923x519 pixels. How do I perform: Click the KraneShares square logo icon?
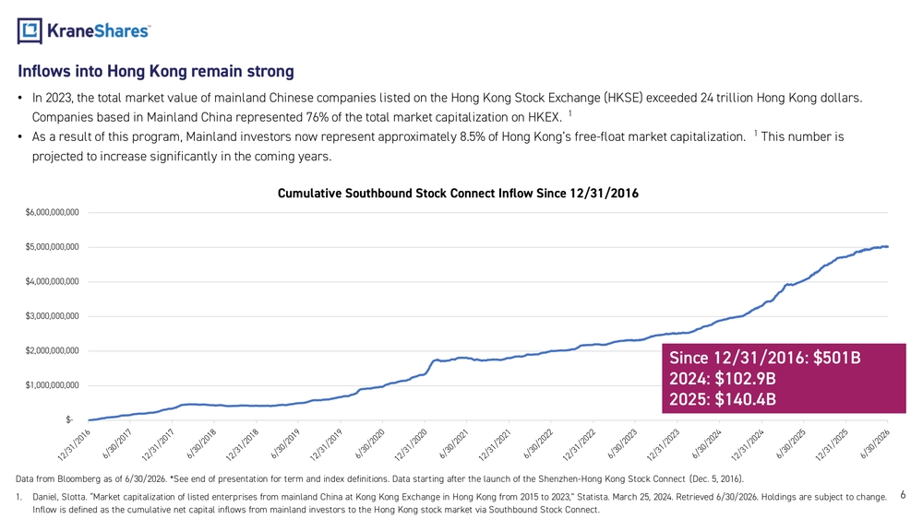[x=30, y=30]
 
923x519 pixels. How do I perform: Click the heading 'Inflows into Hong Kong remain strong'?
[x=156, y=71]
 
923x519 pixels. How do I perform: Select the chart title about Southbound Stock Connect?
[x=458, y=194]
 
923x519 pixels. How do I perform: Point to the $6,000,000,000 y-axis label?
[x=52, y=212]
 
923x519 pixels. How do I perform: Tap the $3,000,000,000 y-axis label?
[x=52, y=316]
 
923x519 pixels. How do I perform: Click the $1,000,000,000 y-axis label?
[x=52, y=385]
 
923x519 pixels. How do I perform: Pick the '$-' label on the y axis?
[x=69, y=419]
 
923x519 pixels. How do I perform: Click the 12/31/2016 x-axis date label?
[x=74, y=445]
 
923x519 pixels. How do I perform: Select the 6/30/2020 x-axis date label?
[x=370, y=443]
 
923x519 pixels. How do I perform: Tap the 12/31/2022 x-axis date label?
[x=580, y=445]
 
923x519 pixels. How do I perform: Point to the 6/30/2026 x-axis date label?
[x=875, y=443]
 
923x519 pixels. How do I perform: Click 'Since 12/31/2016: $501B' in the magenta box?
[x=764, y=358]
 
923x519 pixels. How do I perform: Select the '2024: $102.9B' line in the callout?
[x=723, y=379]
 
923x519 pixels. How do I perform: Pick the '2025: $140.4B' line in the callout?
[x=723, y=399]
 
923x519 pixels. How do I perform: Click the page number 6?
[x=903, y=495]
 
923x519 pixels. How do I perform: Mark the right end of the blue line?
[x=888, y=247]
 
